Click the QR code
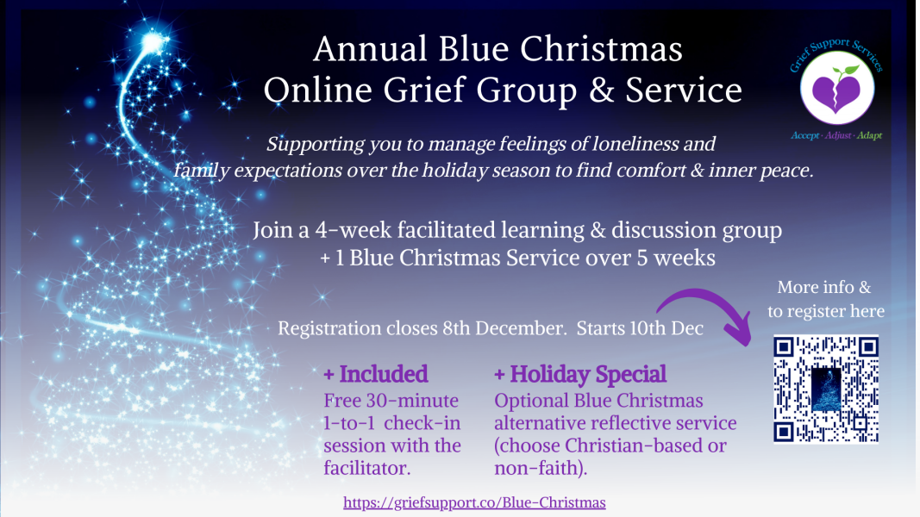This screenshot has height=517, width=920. click(x=825, y=389)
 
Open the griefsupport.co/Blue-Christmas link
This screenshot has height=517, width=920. click(x=474, y=502)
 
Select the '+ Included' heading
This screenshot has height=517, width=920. click(x=375, y=374)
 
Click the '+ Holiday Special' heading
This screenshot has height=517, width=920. click(x=579, y=374)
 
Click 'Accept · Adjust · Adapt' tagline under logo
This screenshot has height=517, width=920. click(x=836, y=136)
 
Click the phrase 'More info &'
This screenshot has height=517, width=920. click(x=823, y=287)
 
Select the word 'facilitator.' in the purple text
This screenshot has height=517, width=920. click(x=367, y=469)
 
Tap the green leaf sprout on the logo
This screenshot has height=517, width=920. click(x=848, y=70)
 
